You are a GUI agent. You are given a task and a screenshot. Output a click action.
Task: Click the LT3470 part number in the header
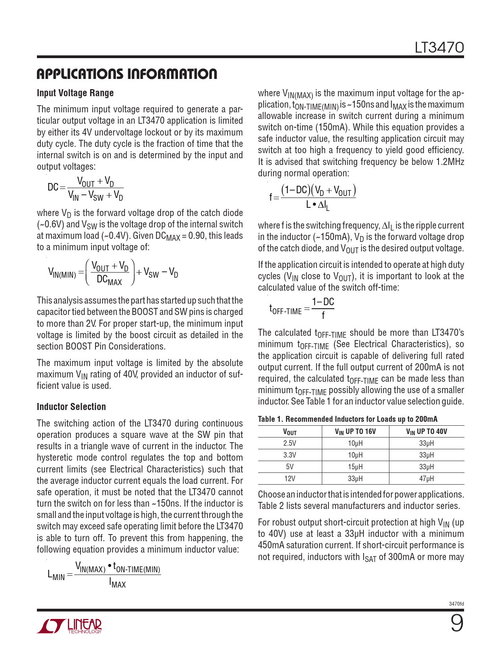point(439,48)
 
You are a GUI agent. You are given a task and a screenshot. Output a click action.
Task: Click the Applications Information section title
point(127,74)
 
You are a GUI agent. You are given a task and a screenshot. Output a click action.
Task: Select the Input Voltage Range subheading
point(75,93)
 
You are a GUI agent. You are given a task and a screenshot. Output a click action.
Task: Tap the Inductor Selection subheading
point(71,407)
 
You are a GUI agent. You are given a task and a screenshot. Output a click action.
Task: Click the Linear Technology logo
point(70,626)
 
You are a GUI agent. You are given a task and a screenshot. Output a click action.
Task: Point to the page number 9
point(457,623)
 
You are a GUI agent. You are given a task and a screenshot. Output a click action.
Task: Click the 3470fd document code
point(456,604)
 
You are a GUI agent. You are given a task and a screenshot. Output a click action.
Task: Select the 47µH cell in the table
point(426,479)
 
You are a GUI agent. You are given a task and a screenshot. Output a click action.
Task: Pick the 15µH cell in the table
point(355,467)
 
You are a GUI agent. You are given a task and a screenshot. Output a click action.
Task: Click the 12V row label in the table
point(290,479)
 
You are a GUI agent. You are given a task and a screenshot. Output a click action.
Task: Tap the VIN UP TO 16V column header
point(355,432)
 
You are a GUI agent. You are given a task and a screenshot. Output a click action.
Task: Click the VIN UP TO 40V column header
point(426,432)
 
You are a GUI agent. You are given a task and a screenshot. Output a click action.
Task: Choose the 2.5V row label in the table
point(290,443)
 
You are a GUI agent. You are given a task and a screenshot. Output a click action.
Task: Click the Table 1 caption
point(347,419)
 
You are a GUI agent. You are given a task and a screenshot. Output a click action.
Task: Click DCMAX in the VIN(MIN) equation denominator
point(109,281)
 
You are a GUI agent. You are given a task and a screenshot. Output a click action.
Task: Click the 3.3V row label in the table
point(290,455)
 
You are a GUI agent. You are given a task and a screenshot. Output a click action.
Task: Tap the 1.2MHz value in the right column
point(450,162)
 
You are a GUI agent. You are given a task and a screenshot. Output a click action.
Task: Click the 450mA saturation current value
point(270,545)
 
